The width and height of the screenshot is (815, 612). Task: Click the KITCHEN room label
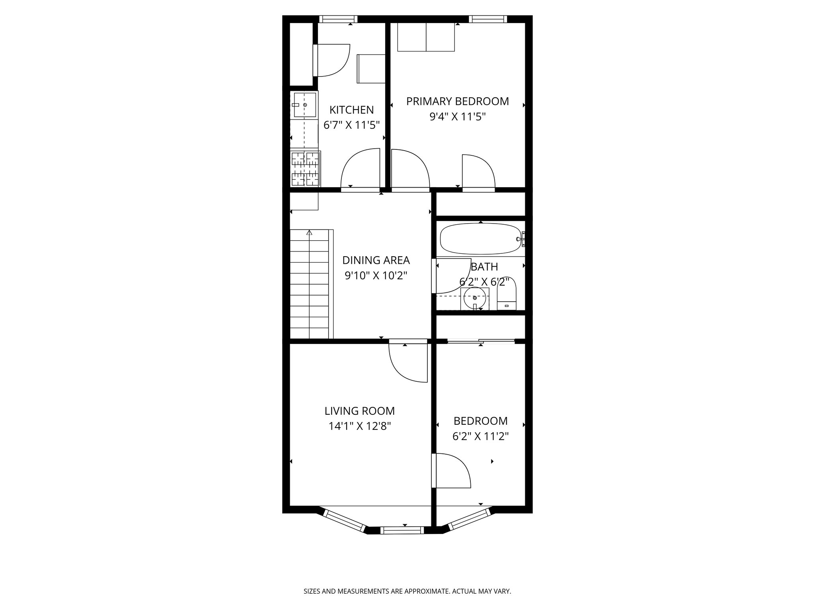point(351,110)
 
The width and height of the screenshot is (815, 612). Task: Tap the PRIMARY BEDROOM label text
point(457,101)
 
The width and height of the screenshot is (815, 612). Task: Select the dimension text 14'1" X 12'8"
point(359,426)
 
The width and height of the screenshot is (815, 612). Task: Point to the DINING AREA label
point(376,260)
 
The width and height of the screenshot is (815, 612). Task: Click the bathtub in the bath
point(480,239)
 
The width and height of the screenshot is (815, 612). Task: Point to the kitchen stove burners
point(305,169)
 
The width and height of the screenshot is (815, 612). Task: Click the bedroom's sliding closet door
point(480,341)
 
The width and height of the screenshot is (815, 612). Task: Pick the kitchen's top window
point(338,19)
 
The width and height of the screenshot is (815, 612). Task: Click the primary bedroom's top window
point(488,19)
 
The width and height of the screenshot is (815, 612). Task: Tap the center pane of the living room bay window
point(402,530)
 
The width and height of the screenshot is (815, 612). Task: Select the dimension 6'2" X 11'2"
point(480,436)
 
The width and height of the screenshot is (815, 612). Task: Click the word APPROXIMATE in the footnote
point(425,592)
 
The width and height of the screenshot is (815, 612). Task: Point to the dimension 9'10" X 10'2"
point(376,276)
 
